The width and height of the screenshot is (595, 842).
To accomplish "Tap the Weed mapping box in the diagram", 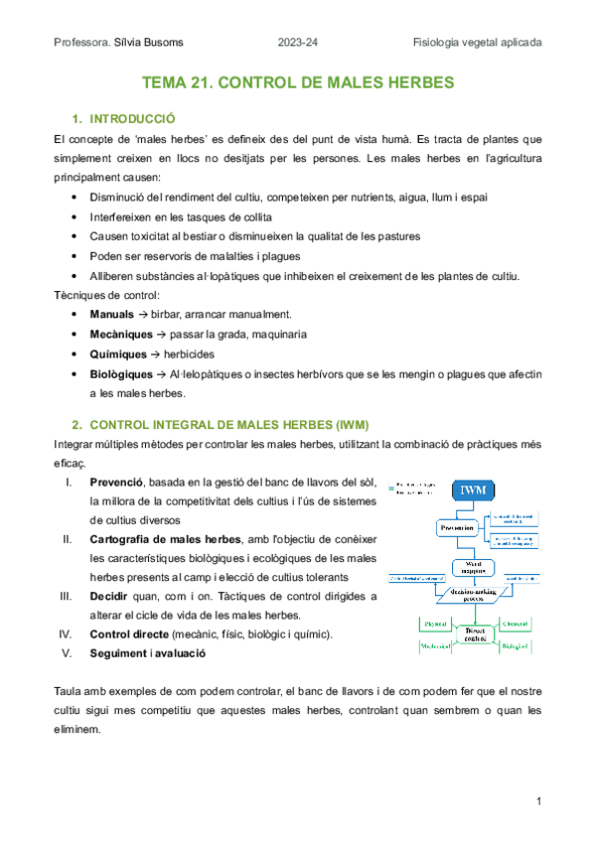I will click(x=473, y=568).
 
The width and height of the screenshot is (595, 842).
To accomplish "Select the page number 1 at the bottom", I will click(x=537, y=801).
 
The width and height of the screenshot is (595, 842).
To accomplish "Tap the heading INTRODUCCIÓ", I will click(x=131, y=117).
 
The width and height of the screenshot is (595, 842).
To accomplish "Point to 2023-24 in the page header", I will click(x=298, y=43).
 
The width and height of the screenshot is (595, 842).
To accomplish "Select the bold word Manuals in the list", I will click(x=111, y=314).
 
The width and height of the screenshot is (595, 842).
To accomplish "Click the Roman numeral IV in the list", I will click(x=68, y=633).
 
